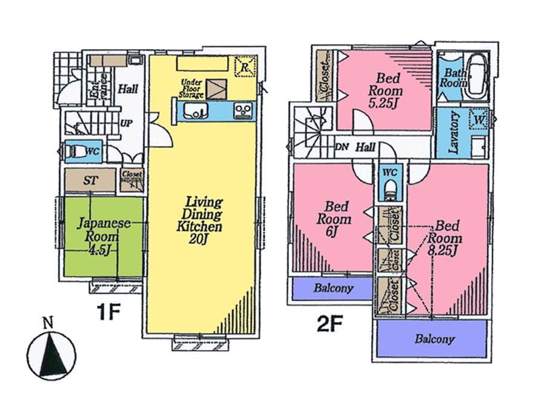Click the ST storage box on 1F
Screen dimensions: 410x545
90,180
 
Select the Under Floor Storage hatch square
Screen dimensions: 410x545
214,89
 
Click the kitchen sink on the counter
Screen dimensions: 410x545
195,110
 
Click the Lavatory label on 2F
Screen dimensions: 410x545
453,133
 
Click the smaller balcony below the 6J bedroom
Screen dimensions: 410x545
332,289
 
